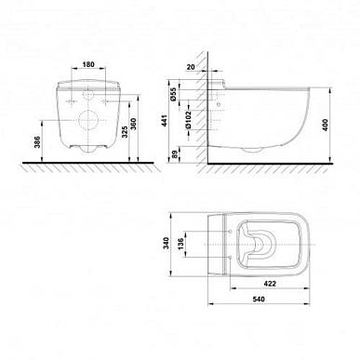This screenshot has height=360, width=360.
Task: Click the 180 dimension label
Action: [88, 64]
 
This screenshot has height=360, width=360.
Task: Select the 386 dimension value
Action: [37, 141]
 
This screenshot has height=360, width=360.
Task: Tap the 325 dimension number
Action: [125, 132]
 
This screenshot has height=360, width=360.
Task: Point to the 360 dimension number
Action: [134, 124]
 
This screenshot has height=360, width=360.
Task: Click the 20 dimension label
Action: [191, 67]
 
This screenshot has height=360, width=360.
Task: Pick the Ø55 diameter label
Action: [174, 94]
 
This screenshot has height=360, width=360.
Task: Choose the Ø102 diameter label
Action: [188, 119]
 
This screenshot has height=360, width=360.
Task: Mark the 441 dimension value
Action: [165, 121]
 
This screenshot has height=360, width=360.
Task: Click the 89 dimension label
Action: [174, 154]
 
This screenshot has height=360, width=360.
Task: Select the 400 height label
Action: [326, 125]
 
